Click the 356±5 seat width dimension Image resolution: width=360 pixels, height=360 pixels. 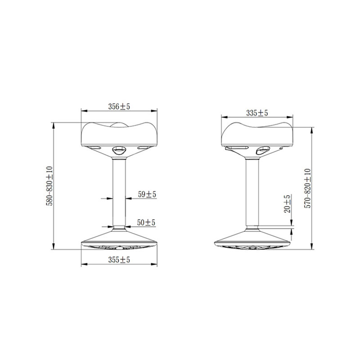pos(119,107)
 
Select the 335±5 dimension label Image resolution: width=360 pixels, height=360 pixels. pos(257,113)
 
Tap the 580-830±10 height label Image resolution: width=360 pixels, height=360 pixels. pos(49,186)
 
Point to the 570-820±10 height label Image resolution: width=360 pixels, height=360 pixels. pos(307,188)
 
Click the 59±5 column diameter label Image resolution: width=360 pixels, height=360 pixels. pos(147,194)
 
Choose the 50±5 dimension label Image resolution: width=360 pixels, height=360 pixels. pos(146,222)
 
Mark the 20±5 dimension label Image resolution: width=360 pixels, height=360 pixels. pos(287,204)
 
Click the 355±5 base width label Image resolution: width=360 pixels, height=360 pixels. pos(119,260)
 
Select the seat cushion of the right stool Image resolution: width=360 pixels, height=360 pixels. pos(257,135)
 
